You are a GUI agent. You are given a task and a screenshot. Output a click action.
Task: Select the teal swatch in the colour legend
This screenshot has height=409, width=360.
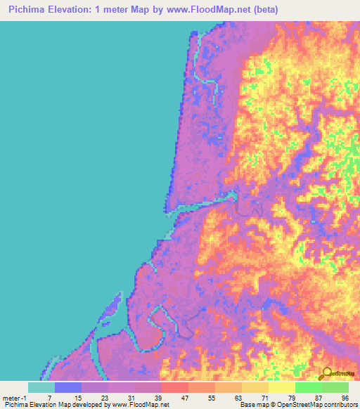tap(41, 387)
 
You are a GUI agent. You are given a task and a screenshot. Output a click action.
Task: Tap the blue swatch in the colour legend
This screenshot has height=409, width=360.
tap(68, 387)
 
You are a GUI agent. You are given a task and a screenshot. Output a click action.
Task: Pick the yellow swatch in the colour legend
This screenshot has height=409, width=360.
tap(281, 387)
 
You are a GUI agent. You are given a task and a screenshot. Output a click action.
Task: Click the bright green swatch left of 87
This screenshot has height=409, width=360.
tap(308, 387)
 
